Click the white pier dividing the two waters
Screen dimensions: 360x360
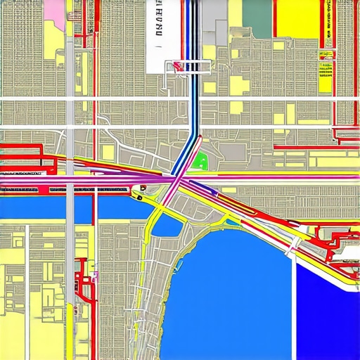294,302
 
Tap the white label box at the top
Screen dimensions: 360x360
158,35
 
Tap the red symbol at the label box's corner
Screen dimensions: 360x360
176,67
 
